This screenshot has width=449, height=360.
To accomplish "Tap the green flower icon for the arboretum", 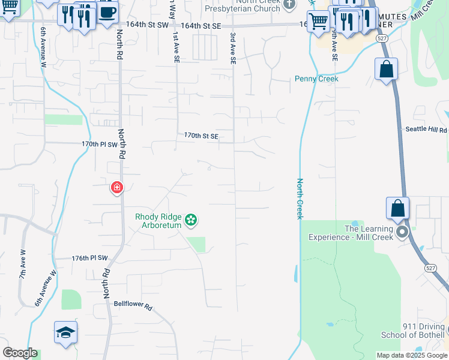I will (x=191, y=221).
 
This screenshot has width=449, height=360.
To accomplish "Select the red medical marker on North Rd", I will (x=117, y=188).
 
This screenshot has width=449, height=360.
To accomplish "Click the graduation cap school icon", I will (x=66, y=332).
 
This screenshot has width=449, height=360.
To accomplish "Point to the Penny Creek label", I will (x=316, y=79).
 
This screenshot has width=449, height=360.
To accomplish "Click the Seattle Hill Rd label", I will (x=426, y=130).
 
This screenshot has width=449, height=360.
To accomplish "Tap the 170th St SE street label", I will (x=201, y=136).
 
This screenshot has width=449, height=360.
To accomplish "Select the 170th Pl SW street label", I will (x=101, y=145).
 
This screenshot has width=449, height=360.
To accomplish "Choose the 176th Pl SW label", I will (x=89, y=258).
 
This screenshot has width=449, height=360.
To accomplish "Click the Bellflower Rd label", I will (x=133, y=305).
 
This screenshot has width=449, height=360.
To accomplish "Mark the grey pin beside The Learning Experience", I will (x=402, y=232).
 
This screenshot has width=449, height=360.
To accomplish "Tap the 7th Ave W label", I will (x=22, y=264).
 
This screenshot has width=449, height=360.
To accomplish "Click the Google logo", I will (x=20, y=353).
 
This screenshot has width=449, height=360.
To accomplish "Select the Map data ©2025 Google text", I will (x=412, y=355).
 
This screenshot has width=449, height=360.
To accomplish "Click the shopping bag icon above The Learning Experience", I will (x=397, y=209).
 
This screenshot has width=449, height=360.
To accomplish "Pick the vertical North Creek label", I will (x=299, y=199).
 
